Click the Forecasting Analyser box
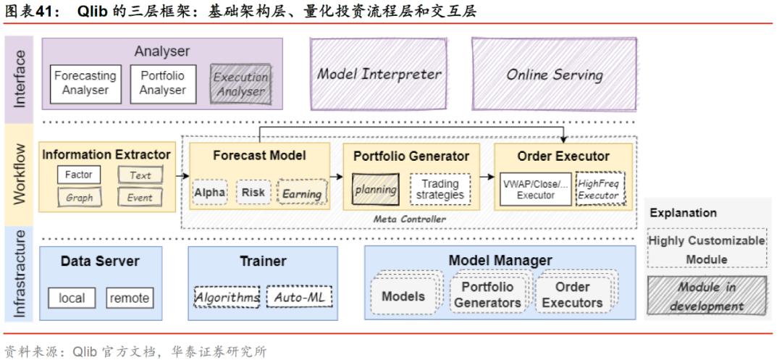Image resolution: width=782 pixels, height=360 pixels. [85, 83]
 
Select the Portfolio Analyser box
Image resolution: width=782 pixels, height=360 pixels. [162, 83]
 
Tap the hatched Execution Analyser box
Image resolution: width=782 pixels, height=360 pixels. [240, 84]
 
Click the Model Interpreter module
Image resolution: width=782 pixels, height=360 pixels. [379, 74]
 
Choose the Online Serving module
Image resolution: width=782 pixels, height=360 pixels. [554, 74]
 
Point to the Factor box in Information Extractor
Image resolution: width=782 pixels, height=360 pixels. [79, 175]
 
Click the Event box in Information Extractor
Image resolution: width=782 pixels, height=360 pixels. [140, 197]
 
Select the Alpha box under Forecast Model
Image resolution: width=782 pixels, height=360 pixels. [209, 193]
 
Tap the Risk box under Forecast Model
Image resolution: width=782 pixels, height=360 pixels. [253, 193]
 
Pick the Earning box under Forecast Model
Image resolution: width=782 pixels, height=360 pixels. [302, 193]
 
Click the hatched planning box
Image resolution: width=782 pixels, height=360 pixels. [375, 189]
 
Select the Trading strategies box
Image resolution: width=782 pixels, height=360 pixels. [440, 189]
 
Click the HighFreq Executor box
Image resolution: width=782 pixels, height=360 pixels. [598, 189]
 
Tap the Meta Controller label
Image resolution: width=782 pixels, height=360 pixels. [410, 219]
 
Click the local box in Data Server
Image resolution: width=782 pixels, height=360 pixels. [72, 298]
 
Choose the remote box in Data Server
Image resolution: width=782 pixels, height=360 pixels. [130, 298]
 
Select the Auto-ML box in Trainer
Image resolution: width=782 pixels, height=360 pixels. [298, 297]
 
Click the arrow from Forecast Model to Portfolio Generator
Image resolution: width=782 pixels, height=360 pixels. [336, 176]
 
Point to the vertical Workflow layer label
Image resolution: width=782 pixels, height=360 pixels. [20, 175]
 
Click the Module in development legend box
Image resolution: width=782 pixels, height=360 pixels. [706, 296]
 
